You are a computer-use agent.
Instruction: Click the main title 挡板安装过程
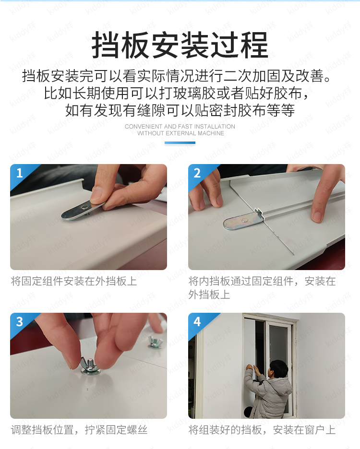[x=180, y=45]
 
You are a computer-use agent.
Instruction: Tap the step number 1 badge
[x=20, y=173]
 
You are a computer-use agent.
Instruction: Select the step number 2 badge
[x=197, y=173]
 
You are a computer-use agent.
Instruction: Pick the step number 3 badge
[x=20, y=321]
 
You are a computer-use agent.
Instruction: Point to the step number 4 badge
[x=197, y=321]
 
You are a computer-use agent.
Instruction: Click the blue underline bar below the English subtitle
[x=180, y=142]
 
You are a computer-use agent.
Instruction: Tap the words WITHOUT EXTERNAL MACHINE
[x=180, y=133]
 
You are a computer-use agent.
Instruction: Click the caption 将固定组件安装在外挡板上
[x=74, y=281]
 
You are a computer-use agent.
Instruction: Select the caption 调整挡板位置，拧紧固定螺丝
[x=79, y=430]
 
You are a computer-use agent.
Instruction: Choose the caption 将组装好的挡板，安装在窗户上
[x=262, y=430]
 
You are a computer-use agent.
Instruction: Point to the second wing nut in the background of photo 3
[x=155, y=342]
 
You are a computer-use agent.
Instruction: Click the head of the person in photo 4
[x=279, y=369]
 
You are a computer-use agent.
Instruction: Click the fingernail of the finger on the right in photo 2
[x=317, y=216]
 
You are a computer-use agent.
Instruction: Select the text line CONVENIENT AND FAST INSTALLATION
[x=180, y=127]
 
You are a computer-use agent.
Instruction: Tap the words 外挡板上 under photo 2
[x=209, y=295]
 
